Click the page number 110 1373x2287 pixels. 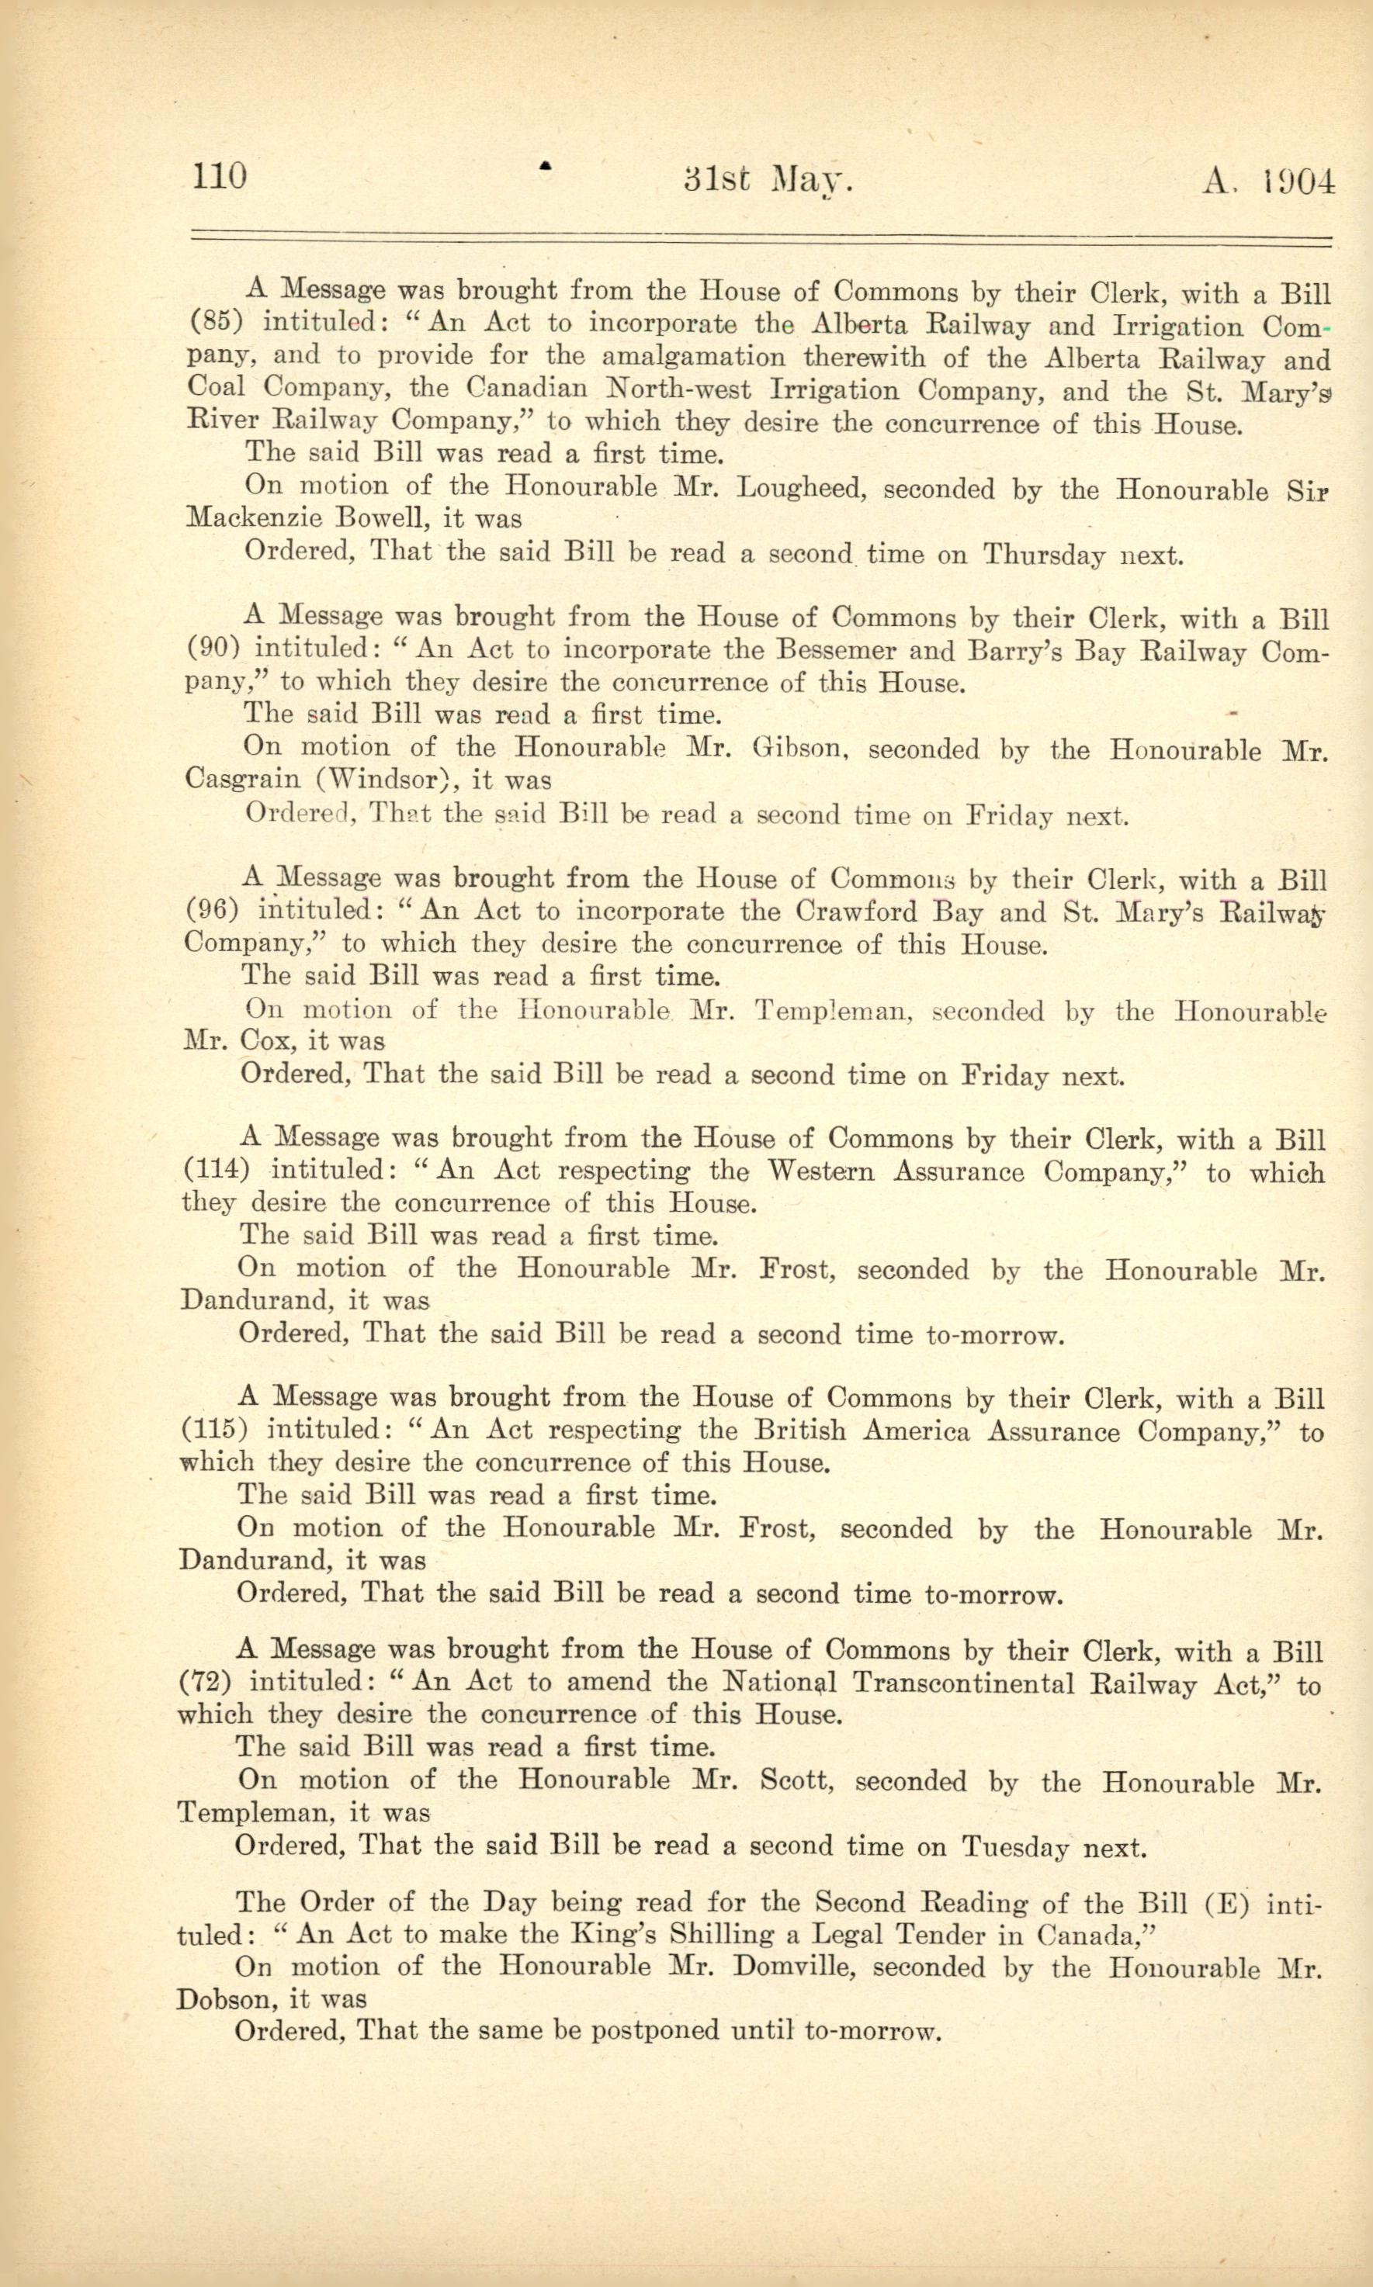220,175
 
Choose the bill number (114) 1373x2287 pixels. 216,1169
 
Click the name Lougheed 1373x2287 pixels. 800,488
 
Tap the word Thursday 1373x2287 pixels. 1044,555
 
